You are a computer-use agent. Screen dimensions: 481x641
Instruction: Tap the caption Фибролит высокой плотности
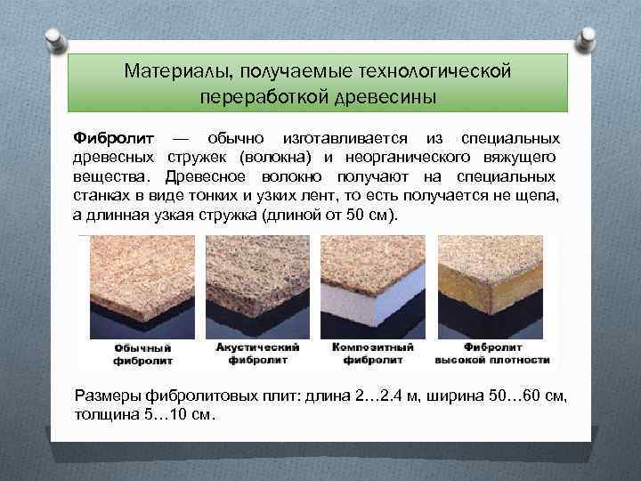pyautogui.click(x=491, y=354)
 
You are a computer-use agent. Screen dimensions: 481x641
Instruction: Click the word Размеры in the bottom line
pyautogui.click(x=107, y=395)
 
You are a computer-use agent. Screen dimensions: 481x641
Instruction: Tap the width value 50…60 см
pyautogui.click(x=529, y=395)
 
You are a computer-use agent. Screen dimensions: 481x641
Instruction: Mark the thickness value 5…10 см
pyautogui.click(x=177, y=414)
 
